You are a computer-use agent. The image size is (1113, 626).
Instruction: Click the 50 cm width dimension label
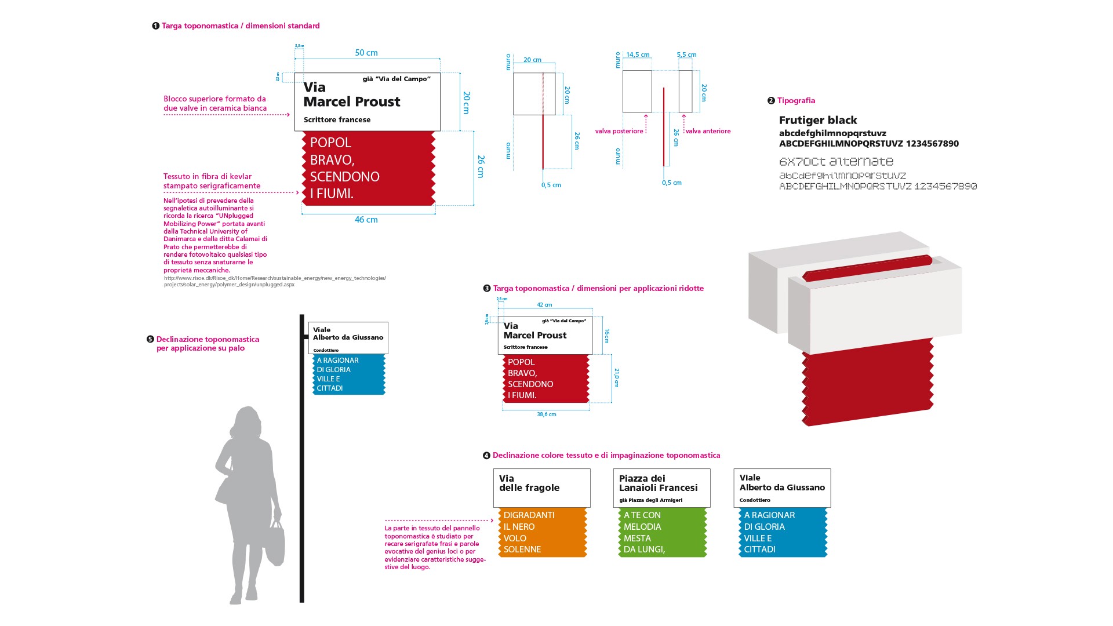click(366, 53)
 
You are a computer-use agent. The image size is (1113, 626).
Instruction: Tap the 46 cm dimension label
click(366, 220)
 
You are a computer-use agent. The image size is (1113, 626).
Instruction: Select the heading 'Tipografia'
click(796, 101)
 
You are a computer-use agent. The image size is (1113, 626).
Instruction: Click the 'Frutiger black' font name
click(817, 121)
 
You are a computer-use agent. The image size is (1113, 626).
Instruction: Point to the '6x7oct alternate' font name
click(836, 162)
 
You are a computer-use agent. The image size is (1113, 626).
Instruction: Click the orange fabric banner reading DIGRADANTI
click(543, 532)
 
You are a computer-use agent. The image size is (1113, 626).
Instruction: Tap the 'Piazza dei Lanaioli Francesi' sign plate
click(661, 487)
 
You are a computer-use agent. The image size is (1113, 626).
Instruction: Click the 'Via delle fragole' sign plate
click(541, 487)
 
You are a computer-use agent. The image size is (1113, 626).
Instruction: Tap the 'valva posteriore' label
click(619, 132)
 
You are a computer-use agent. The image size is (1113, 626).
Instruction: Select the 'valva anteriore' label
click(708, 132)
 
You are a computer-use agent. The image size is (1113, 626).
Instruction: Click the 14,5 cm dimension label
click(638, 55)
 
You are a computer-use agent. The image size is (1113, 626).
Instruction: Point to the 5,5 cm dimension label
click(686, 55)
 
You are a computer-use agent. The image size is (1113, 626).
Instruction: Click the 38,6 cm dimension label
click(546, 414)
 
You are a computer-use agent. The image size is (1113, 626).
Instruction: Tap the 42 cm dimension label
click(544, 305)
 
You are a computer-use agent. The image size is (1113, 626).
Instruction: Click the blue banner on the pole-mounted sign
click(349, 374)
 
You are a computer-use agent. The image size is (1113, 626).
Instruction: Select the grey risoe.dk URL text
click(275, 281)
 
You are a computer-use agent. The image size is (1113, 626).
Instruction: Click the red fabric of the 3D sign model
click(867, 383)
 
